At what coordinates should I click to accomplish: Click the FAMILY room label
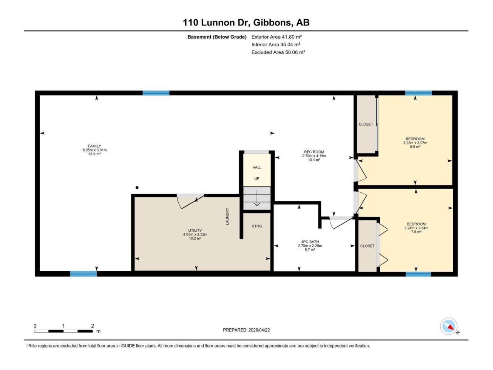pos(94,146)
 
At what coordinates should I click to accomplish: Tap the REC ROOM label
pos(314,152)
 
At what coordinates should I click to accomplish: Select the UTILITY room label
pos(195,230)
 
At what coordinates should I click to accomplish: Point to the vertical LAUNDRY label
pos(227,216)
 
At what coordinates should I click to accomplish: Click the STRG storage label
pos(257,226)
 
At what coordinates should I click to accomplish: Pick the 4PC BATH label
pos(310,242)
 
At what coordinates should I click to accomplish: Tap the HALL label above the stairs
pos(257,167)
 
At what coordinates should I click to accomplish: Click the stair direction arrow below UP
pos(257,198)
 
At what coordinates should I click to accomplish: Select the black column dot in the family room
pos(137,188)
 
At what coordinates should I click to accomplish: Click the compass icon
pos(449,326)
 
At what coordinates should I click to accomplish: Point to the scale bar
pos(63,331)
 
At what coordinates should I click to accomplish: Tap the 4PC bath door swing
pos(340,222)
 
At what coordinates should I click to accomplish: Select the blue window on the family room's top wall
pos(156,93)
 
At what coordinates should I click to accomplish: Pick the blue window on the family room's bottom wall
pos(83,274)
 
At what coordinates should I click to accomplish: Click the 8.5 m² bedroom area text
pos(415,147)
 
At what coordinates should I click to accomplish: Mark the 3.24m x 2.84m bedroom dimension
pos(416,228)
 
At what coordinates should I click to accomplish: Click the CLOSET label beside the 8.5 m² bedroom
pos(366,124)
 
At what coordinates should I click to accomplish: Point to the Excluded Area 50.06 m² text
pos(278,52)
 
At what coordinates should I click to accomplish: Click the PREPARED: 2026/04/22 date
pos(246,330)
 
